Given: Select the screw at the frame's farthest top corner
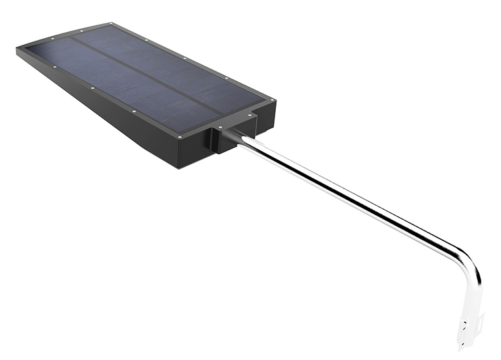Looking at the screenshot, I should coord(111,26).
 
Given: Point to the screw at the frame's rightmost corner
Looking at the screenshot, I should coord(272,100).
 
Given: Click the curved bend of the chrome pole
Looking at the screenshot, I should coord(468,260).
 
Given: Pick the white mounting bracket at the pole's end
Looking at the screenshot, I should coord(468,321).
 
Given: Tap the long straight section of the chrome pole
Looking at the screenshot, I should coord(347,194).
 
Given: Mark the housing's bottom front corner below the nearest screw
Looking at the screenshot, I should coord(179,166).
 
